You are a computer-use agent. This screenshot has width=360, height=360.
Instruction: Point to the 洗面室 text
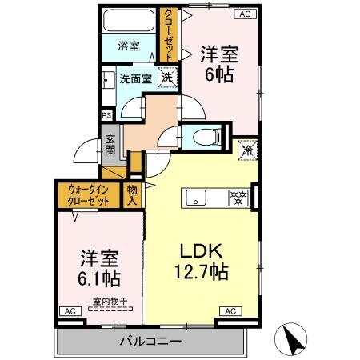pyautogui.click(x=136, y=79)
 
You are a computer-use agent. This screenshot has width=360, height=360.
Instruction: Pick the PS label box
pyautogui.click(x=106, y=115)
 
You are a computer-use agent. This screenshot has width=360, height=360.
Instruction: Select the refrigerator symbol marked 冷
pyautogui.click(x=246, y=150)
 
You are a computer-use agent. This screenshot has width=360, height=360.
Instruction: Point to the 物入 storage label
pyautogui.click(x=132, y=195)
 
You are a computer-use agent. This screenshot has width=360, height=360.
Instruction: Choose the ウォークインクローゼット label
pyautogui.click(x=88, y=194)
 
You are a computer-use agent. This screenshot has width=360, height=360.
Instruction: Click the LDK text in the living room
pyautogui.click(x=201, y=248)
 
